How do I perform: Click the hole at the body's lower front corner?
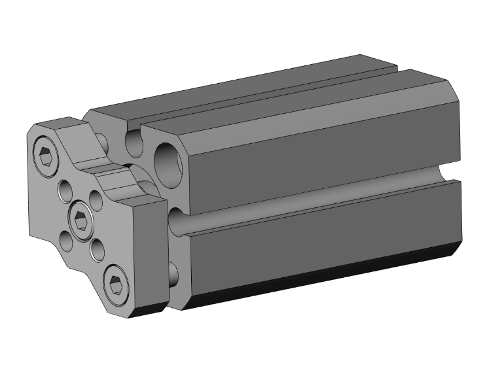click(x=173, y=274)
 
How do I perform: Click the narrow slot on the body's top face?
click(x=262, y=92)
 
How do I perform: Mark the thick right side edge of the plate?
click(x=155, y=255)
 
